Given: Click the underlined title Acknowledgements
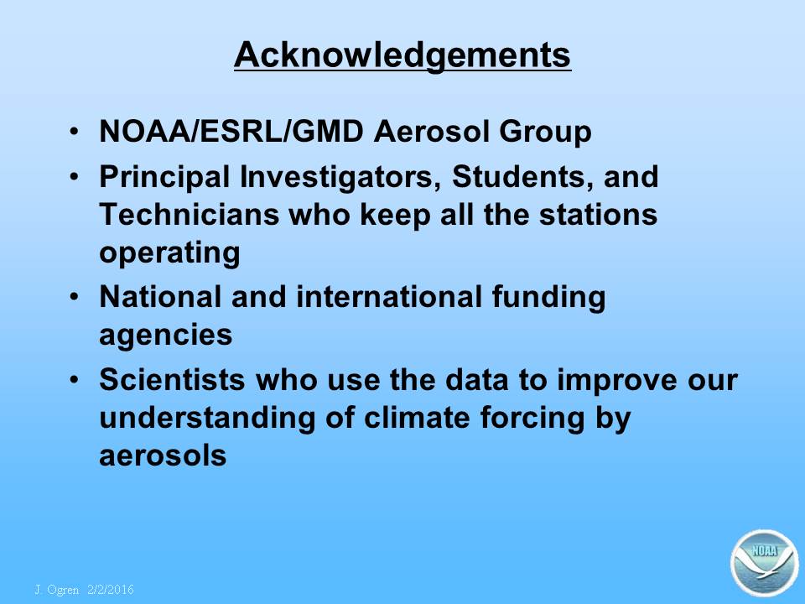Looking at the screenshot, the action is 402,55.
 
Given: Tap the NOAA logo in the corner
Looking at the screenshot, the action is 765,563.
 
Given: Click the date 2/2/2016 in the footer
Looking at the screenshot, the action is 111,590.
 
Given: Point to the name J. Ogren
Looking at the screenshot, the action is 57,590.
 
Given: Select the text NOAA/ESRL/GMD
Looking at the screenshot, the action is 231,131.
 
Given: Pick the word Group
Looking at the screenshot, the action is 545,132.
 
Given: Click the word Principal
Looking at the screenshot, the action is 164,178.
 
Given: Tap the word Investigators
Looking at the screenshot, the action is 340,178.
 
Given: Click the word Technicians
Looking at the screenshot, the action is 190,214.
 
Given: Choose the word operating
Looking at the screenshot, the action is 169,253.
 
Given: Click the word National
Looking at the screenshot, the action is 161,297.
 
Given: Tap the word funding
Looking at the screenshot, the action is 548,298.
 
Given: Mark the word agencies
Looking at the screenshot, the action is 165,336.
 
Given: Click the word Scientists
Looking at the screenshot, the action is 173,379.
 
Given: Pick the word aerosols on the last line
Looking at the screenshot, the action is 163,456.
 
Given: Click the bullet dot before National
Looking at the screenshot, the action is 75,296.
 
